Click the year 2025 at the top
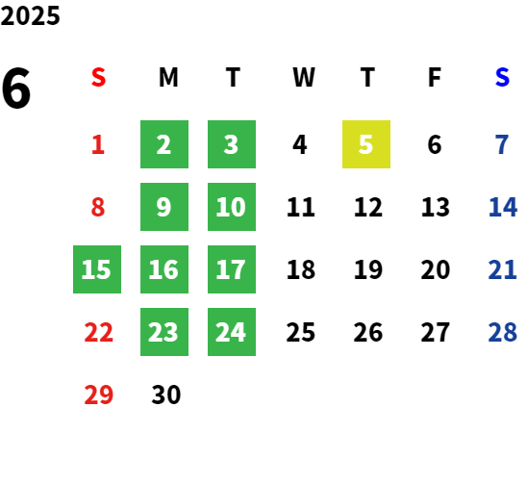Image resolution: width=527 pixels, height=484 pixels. pos(30,15)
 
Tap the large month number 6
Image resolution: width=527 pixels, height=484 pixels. pos(15,89)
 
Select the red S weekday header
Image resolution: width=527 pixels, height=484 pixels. pos(98,77)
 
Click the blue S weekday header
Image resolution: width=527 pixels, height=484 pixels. pos(502,77)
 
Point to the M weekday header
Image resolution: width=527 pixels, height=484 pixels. pos(168,77)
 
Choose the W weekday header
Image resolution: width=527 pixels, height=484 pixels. pos(304,77)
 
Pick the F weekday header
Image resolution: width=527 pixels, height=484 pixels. pos(435,77)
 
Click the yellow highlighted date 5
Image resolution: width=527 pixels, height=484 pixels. pos(366,144)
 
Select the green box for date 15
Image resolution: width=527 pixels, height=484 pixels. pos(97,269)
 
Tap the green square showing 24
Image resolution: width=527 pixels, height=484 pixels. pos(232,332)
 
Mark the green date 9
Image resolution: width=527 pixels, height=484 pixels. pos(164,207)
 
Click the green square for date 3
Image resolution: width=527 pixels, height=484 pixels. pos(232,144)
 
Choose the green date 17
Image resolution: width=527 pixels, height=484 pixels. pos(232,269)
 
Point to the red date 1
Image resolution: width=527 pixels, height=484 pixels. pos(98,144)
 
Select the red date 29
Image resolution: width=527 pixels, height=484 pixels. pos(98,395)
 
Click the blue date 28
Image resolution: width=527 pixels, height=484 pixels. pos(502,332)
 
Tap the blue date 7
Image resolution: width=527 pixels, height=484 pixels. pos(502,144)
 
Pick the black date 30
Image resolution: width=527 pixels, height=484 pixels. pos(166,395)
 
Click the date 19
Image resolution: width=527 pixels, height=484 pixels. pos(368,269)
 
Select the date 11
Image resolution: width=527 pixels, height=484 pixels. pos(301,207)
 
